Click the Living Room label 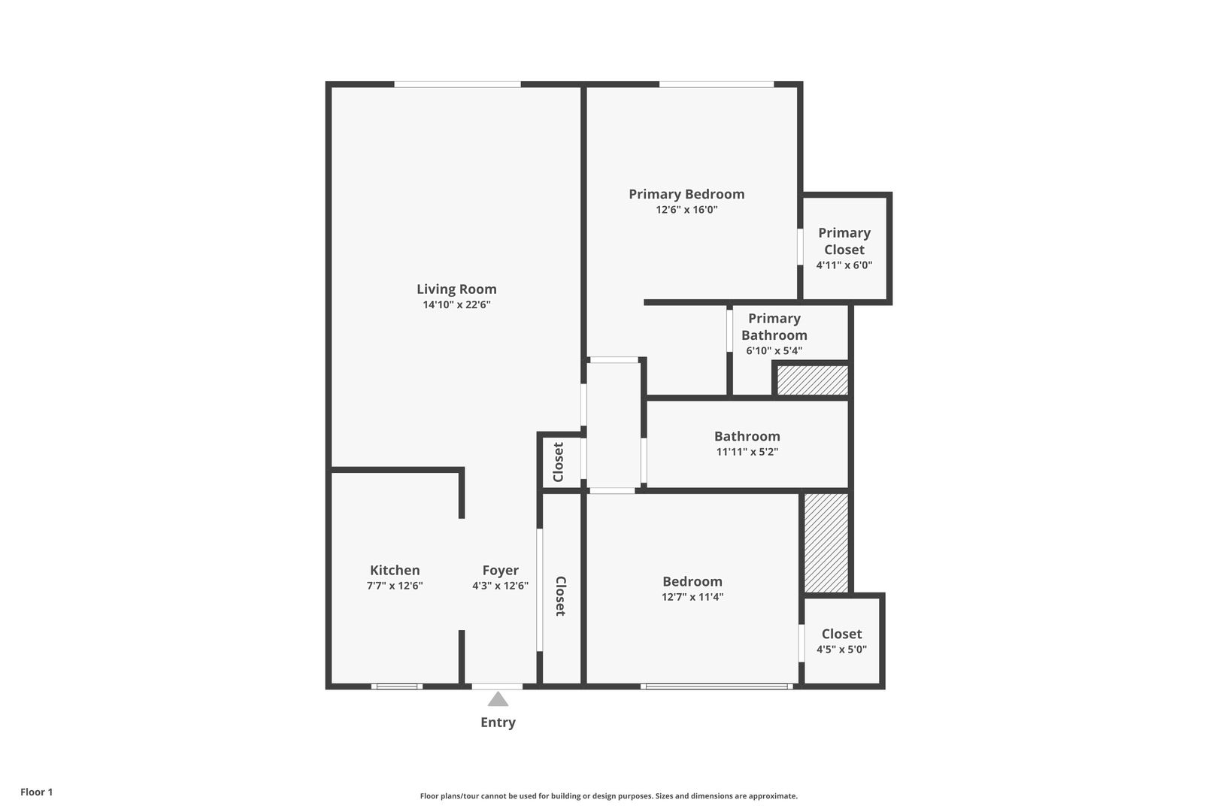[456, 289]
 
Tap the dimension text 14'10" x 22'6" [456, 304]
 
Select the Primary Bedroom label [686, 194]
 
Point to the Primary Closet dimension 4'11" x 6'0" [844, 265]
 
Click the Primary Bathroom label [774, 326]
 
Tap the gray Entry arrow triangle [498, 699]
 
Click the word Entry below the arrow [498, 723]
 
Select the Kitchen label [395, 570]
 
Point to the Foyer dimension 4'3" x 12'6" [500, 586]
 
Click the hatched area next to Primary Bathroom [812, 380]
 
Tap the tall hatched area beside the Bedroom [826, 543]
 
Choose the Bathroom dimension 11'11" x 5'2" [747, 451]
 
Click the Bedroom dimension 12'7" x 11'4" [692, 597]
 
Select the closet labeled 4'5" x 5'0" [842, 641]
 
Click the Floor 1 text [36, 792]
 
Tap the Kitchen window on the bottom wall [397, 686]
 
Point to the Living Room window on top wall [457, 84]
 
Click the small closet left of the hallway [561, 462]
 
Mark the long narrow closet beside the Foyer [561, 589]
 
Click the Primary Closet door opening [800, 247]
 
